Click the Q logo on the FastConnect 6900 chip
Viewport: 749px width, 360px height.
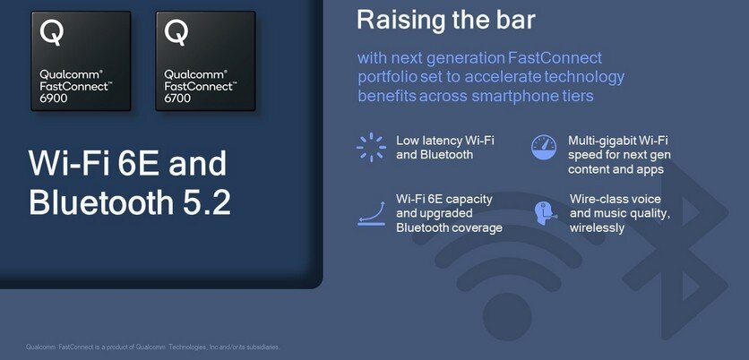(52, 33)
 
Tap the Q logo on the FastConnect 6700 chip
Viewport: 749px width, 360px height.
(176, 33)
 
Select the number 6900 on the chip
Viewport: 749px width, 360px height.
(54, 99)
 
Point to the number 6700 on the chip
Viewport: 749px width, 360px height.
(177, 99)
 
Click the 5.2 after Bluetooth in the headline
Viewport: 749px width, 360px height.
(211, 202)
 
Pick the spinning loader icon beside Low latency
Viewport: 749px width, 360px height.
(371, 147)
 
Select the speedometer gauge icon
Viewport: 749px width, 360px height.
(544, 147)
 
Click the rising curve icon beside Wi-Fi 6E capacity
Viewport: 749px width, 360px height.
(372, 213)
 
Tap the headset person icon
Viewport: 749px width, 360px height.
(545, 213)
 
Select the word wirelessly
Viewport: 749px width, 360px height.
(597, 227)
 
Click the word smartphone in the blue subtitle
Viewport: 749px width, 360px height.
(510, 96)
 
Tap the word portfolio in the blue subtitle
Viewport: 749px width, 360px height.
(383, 77)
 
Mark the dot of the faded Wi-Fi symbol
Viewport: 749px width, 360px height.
(507, 316)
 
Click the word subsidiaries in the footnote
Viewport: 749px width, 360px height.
(265, 347)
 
